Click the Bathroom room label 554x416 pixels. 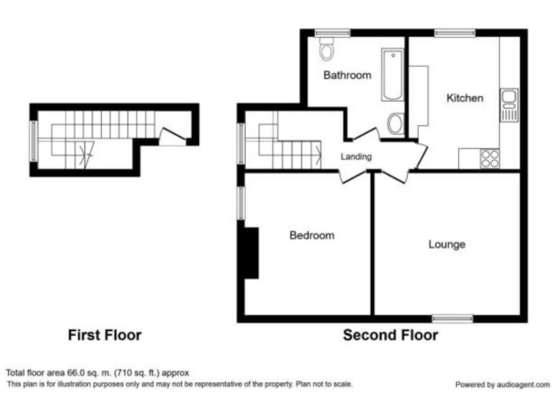[x=347, y=75]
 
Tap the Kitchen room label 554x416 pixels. [x=464, y=98]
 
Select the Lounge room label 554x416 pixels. [x=447, y=245]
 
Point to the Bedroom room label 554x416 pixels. [x=312, y=235]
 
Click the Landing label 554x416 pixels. [x=356, y=157]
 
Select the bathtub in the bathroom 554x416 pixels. [x=393, y=74]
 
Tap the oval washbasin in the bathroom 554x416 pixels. [x=395, y=123]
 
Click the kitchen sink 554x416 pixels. [x=510, y=105]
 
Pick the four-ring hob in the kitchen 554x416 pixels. [x=490, y=157]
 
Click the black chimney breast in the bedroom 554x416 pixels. [x=250, y=252]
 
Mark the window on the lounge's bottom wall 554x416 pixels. [x=452, y=318]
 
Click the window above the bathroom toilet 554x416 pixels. [x=332, y=32]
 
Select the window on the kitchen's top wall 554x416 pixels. [x=454, y=32]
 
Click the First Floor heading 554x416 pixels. [x=105, y=335]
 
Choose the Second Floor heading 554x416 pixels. [x=390, y=335]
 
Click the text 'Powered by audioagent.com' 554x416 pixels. [x=502, y=385]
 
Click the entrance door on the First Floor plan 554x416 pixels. [x=172, y=136]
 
